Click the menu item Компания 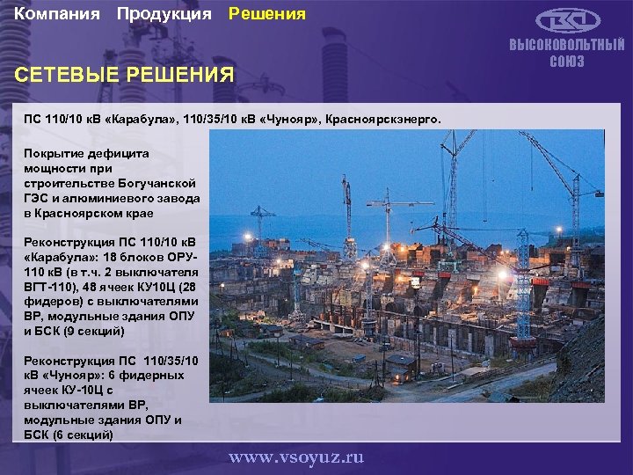click(56, 14)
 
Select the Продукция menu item click(164, 14)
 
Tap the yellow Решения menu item click(267, 14)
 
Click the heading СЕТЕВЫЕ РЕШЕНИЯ click(125, 75)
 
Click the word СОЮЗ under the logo click(567, 62)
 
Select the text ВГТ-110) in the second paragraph click(51, 286)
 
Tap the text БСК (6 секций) click(69, 435)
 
